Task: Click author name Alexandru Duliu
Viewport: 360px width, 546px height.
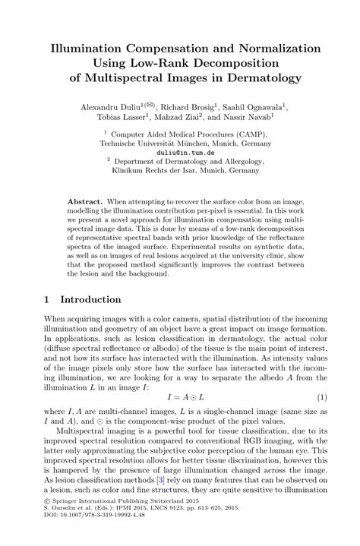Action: pos(115,108)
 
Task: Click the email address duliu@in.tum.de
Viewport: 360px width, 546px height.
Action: pos(179,152)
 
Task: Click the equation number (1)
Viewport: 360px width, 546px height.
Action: pos(321,396)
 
